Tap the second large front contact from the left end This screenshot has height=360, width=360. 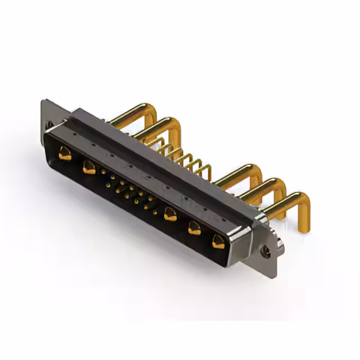coord(89,167)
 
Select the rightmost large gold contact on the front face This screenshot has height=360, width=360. coord(218,242)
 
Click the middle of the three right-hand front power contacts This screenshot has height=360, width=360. coord(194,228)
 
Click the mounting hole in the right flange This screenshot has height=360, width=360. coord(266,253)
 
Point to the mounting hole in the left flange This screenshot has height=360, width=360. coord(49,124)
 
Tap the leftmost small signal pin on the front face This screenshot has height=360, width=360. coord(103,172)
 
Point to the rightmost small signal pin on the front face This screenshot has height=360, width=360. coord(155,213)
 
